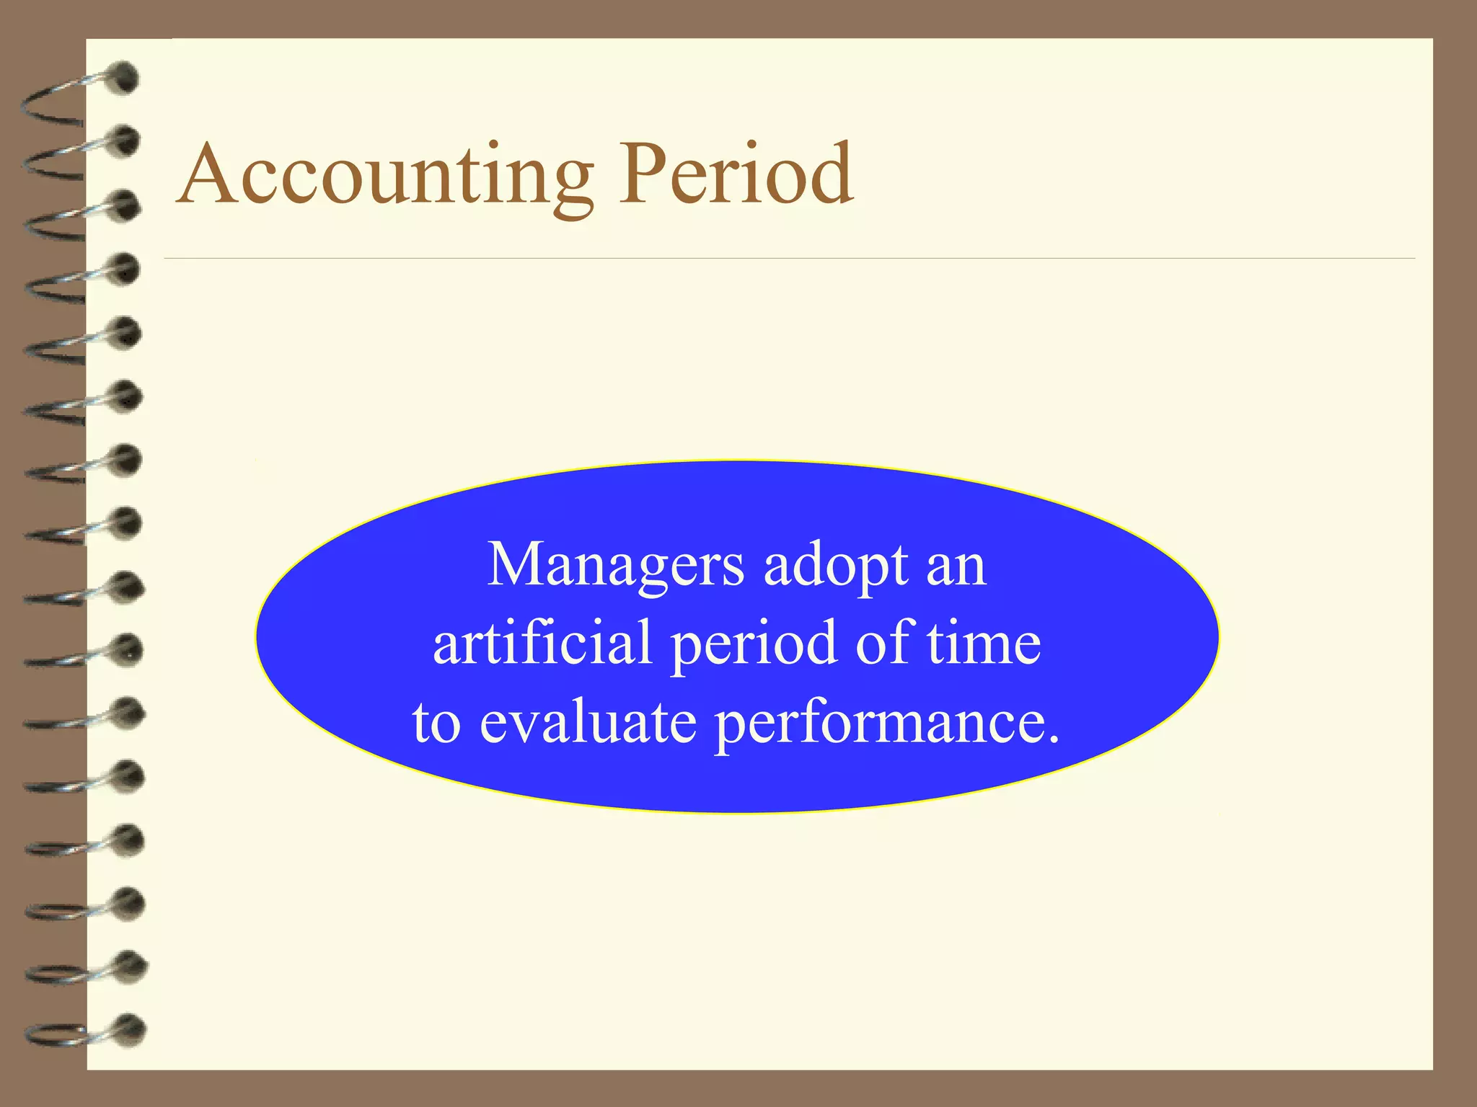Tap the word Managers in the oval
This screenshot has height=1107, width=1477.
coord(616,566)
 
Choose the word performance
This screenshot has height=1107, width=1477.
coord(879,724)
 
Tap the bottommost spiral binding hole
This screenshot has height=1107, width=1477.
coord(131,1029)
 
